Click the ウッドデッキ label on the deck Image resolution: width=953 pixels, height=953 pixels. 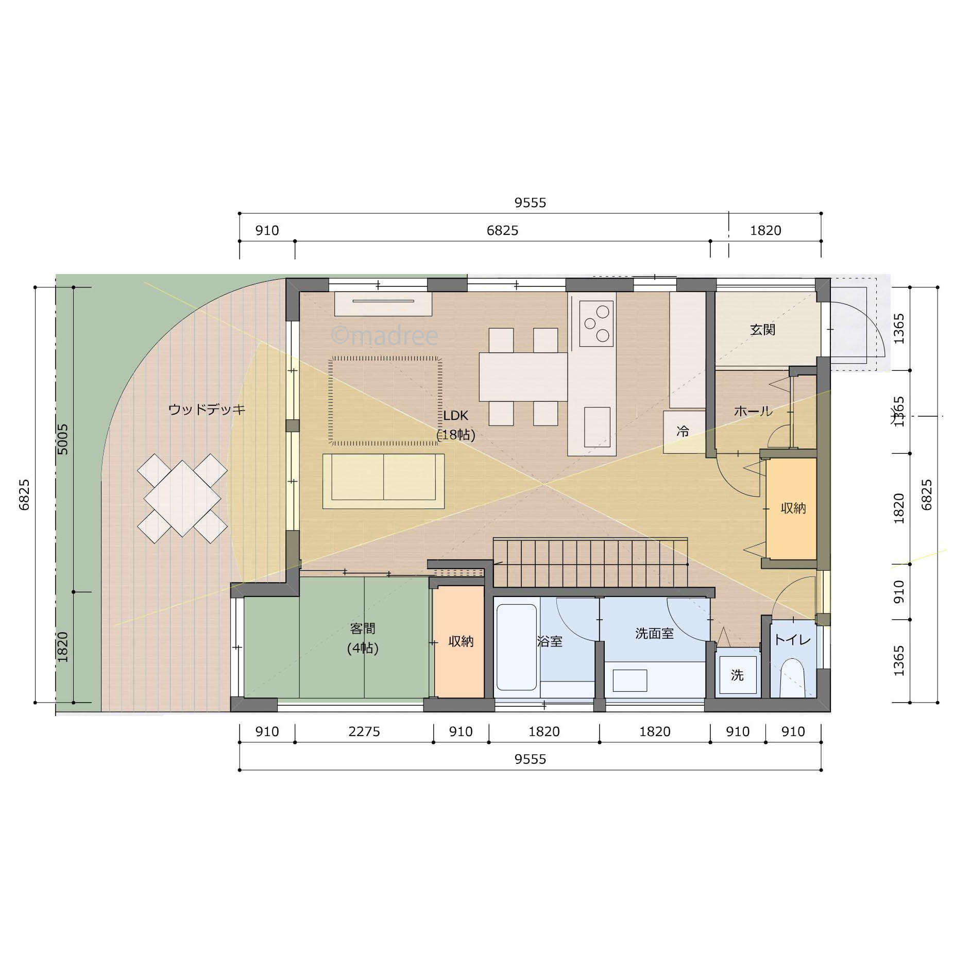pyautogui.click(x=207, y=410)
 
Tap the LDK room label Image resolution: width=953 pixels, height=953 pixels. pyautogui.click(x=455, y=416)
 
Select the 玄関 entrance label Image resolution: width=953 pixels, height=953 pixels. pyautogui.click(x=762, y=330)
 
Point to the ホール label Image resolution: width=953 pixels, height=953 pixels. pyautogui.click(x=753, y=411)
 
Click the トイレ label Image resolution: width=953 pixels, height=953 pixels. pyautogui.click(x=793, y=640)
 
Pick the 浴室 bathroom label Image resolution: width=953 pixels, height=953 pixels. pyautogui.click(x=550, y=641)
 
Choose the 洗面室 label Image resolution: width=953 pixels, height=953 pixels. pyautogui.click(x=655, y=634)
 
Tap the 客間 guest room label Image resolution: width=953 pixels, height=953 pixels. pyautogui.click(x=363, y=628)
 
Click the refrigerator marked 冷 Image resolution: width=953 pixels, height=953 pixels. pyautogui.click(x=684, y=432)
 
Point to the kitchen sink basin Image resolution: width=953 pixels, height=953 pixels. pyautogui.click(x=597, y=427)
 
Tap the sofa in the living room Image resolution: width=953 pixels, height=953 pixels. pyautogui.click(x=384, y=481)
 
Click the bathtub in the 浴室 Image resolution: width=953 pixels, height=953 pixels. pyautogui.click(x=517, y=647)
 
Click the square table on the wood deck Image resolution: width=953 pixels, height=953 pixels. pyautogui.click(x=182, y=499)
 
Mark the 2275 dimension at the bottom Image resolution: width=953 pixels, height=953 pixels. pyautogui.click(x=364, y=731)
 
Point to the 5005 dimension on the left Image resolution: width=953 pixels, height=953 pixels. pyautogui.click(x=62, y=439)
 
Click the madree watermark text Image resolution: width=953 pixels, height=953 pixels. pyautogui.click(x=384, y=336)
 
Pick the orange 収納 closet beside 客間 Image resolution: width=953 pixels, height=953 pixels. pyautogui.click(x=459, y=642)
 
